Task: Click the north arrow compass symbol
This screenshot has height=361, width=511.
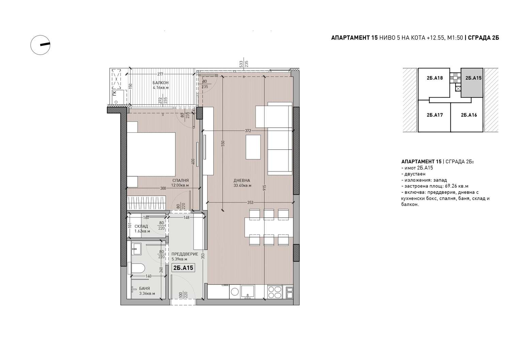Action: coord(41,45)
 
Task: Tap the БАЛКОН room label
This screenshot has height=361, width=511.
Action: coord(160,82)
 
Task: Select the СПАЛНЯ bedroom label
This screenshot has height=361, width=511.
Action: coord(181,180)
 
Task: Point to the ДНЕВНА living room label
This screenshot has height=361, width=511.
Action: coord(242,180)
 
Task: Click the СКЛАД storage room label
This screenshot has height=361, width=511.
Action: coord(141,226)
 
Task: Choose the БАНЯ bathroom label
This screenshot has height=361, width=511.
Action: coord(144,289)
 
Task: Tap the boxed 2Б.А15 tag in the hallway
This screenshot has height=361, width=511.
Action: coord(183,268)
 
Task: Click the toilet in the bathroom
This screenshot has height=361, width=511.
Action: coord(136,268)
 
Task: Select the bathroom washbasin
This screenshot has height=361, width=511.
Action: coord(137,249)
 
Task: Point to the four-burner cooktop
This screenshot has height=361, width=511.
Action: coord(275,292)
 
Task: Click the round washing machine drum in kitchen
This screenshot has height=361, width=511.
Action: coord(235,292)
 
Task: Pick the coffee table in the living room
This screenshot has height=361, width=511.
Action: coord(253,147)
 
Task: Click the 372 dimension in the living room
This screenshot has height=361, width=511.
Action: coord(248,131)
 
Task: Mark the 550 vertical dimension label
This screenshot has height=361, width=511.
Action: coord(223,143)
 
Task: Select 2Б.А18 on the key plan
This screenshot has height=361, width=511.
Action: coord(435,78)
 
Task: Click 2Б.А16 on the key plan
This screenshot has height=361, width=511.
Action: coord(469,115)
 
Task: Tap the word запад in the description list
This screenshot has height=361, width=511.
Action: coord(440,180)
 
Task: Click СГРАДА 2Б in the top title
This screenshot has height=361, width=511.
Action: coord(483,38)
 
